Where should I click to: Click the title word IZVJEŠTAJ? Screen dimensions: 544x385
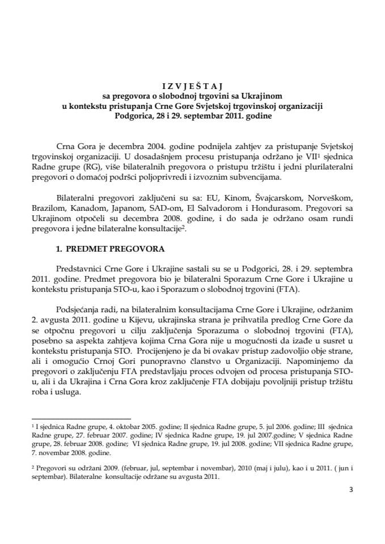192,87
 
